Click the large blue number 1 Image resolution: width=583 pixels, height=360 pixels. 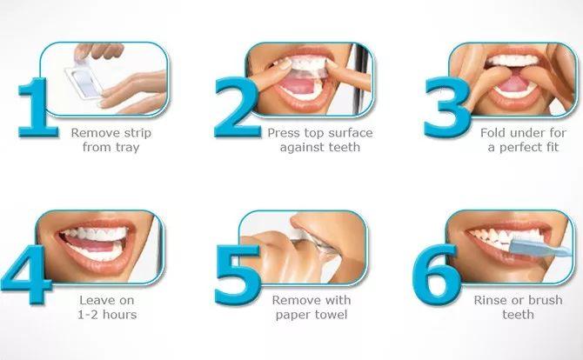[37, 108]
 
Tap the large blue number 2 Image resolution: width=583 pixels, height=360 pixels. [237, 108]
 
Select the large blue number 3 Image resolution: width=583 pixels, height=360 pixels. [446, 108]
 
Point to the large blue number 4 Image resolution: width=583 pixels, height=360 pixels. [27, 274]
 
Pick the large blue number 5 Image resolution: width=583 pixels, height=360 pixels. [238, 275]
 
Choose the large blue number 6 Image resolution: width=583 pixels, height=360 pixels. [437, 275]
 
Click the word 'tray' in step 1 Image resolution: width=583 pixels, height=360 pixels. [127, 148]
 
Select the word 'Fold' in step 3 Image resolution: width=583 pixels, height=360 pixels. [493, 133]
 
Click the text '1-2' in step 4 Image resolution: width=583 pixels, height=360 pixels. [88, 315]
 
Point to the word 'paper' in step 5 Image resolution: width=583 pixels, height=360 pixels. [291, 316]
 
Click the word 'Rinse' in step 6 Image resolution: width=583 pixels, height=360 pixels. [488, 300]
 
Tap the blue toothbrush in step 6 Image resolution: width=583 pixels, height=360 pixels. [539, 248]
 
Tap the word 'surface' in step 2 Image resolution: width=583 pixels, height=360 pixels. [351, 133]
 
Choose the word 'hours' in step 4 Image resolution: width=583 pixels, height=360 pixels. [120, 315]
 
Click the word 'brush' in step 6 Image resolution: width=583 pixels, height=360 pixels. [544, 300]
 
